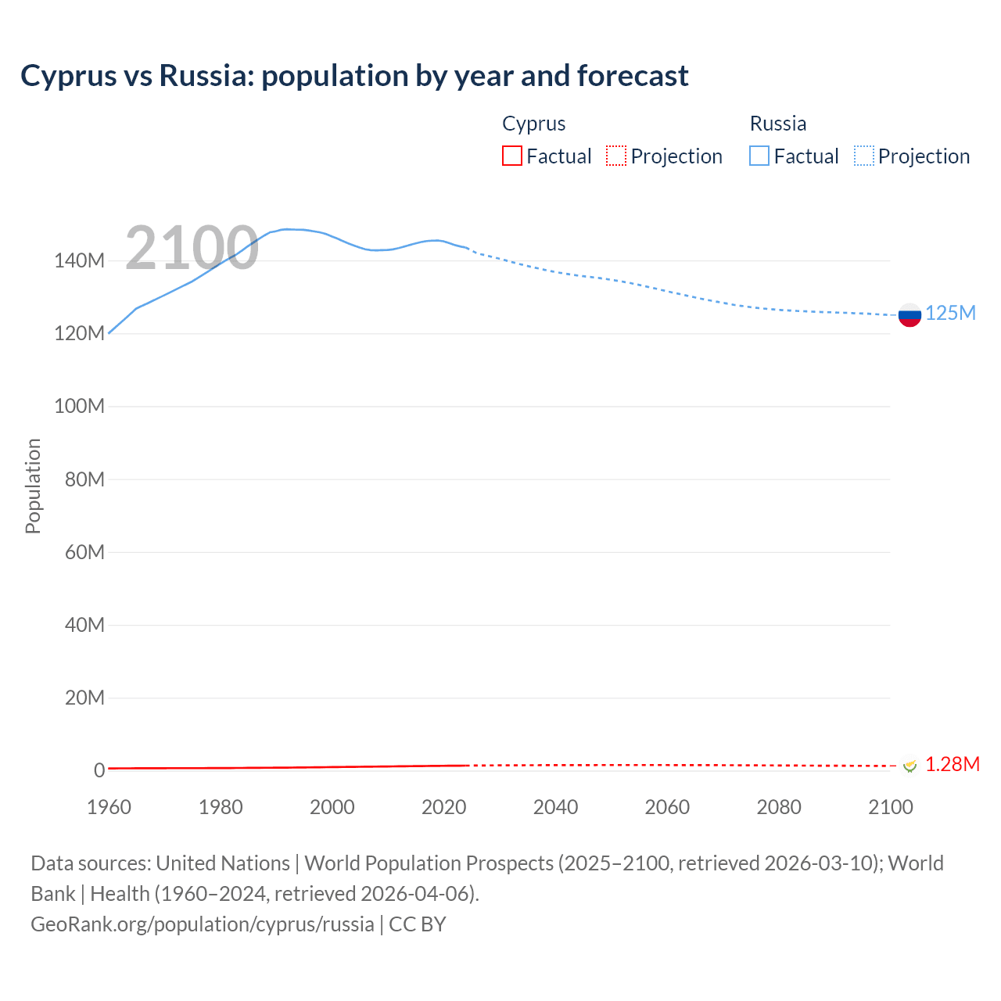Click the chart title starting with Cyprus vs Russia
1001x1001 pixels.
[354, 76]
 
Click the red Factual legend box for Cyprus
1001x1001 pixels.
[511, 156]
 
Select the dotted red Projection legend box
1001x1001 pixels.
[616, 156]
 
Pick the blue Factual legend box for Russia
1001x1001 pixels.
[759, 156]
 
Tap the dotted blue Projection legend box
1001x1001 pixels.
[864, 156]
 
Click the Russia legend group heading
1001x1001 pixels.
[777, 124]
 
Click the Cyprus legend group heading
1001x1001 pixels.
[533, 124]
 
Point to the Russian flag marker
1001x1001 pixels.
[910, 315]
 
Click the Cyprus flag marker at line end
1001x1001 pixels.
[910, 765]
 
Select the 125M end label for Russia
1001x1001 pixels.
[950, 314]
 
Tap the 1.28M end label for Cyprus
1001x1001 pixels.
[952, 764]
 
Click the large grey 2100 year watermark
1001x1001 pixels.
[192, 248]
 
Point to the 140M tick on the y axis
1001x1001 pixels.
[79, 261]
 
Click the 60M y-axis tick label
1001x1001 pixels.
[84, 552]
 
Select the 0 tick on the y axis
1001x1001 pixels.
[99, 770]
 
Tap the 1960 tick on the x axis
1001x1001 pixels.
[109, 807]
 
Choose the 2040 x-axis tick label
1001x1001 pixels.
[555, 807]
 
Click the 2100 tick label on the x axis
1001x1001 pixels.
[890, 807]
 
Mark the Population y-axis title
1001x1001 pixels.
[33, 486]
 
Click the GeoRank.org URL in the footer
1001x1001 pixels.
[203, 924]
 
